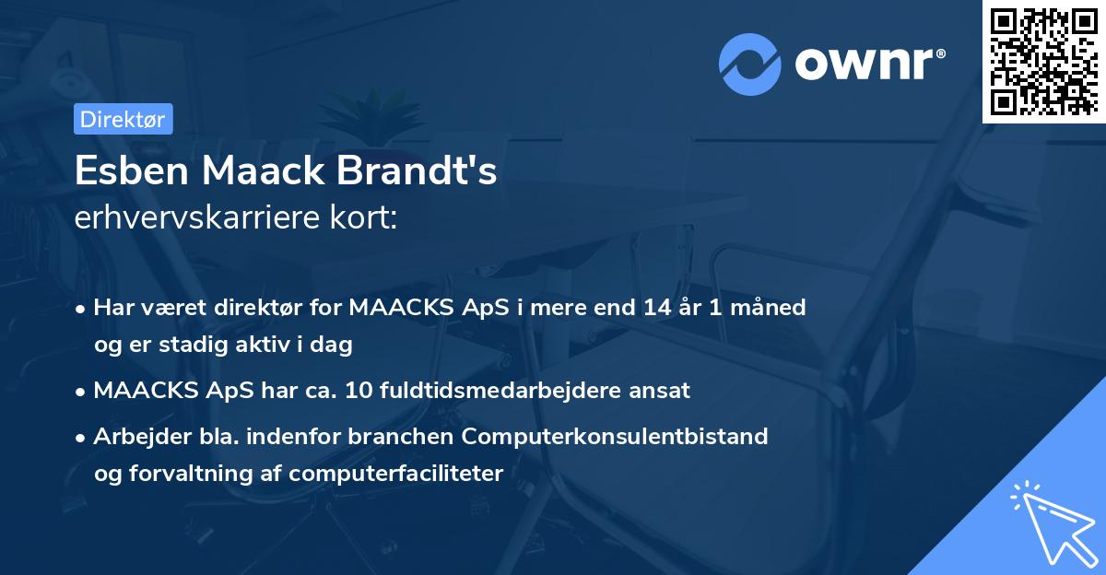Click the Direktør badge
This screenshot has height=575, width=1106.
[123, 119]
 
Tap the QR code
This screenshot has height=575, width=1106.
[1044, 62]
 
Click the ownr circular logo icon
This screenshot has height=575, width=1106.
[750, 64]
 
